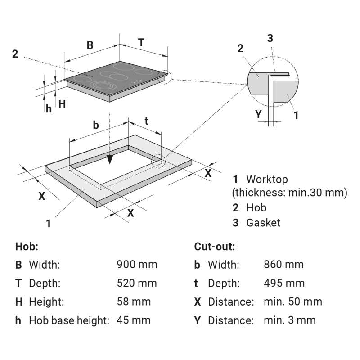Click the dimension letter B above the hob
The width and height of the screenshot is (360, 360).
90,45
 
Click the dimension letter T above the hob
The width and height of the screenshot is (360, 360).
141,42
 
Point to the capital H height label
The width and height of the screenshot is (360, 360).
62,104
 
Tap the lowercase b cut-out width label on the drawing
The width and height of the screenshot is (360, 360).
96,125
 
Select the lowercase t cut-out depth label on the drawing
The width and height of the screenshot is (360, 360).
146,121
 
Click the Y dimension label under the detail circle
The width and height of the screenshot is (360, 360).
258,114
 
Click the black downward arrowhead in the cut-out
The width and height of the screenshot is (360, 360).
110,159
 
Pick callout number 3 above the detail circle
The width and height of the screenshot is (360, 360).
270,38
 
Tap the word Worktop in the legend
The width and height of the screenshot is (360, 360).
267,180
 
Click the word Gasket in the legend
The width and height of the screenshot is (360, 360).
263,223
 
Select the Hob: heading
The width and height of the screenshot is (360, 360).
27,247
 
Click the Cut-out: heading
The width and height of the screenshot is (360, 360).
215,247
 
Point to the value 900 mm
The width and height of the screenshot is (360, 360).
137,265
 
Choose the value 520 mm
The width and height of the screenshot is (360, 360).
137,283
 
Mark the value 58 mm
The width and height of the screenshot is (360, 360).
134,301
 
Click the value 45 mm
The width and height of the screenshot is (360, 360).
134,320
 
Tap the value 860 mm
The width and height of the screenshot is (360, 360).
284,265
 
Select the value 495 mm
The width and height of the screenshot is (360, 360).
284,283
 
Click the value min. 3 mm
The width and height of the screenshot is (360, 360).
290,320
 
